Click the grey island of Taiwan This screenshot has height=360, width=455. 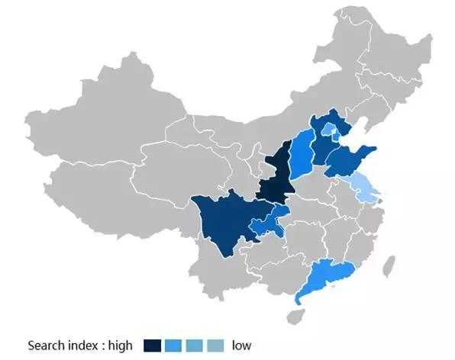point(389,266)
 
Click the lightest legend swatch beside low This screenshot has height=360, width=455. point(216,346)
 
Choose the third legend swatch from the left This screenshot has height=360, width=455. point(195,346)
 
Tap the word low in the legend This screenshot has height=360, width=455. point(242,346)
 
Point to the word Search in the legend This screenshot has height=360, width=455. point(45,346)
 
